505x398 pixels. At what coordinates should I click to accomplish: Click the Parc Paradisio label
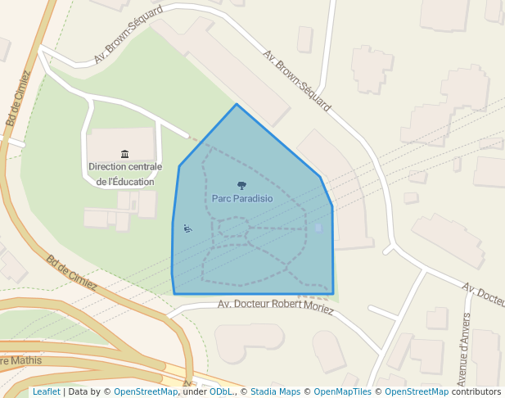tap(242, 198)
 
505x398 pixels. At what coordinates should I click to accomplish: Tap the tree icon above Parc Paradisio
tap(241, 185)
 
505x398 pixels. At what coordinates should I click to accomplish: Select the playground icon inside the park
tap(188, 228)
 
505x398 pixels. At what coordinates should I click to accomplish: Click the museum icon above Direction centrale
tap(124, 154)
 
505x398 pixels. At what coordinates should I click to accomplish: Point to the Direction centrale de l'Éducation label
tap(124, 174)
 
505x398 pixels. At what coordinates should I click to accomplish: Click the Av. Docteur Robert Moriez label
tap(276, 305)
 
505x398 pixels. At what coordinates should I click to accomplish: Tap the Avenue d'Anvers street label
tap(464, 349)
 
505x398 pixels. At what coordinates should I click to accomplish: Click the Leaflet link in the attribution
tap(46, 392)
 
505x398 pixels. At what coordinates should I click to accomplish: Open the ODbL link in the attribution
tap(221, 392)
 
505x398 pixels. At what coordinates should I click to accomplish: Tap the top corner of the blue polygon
tap(237, 105)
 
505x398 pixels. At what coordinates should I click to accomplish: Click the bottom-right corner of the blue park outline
tap(333, 293)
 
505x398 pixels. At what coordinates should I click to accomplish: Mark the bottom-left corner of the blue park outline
tap(174, 293)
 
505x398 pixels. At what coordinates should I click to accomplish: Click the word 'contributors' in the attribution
tap(476, 392)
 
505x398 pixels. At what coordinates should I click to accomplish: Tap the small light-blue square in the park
tap(318, 228)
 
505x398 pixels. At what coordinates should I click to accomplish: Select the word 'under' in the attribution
tap(194, 392)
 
